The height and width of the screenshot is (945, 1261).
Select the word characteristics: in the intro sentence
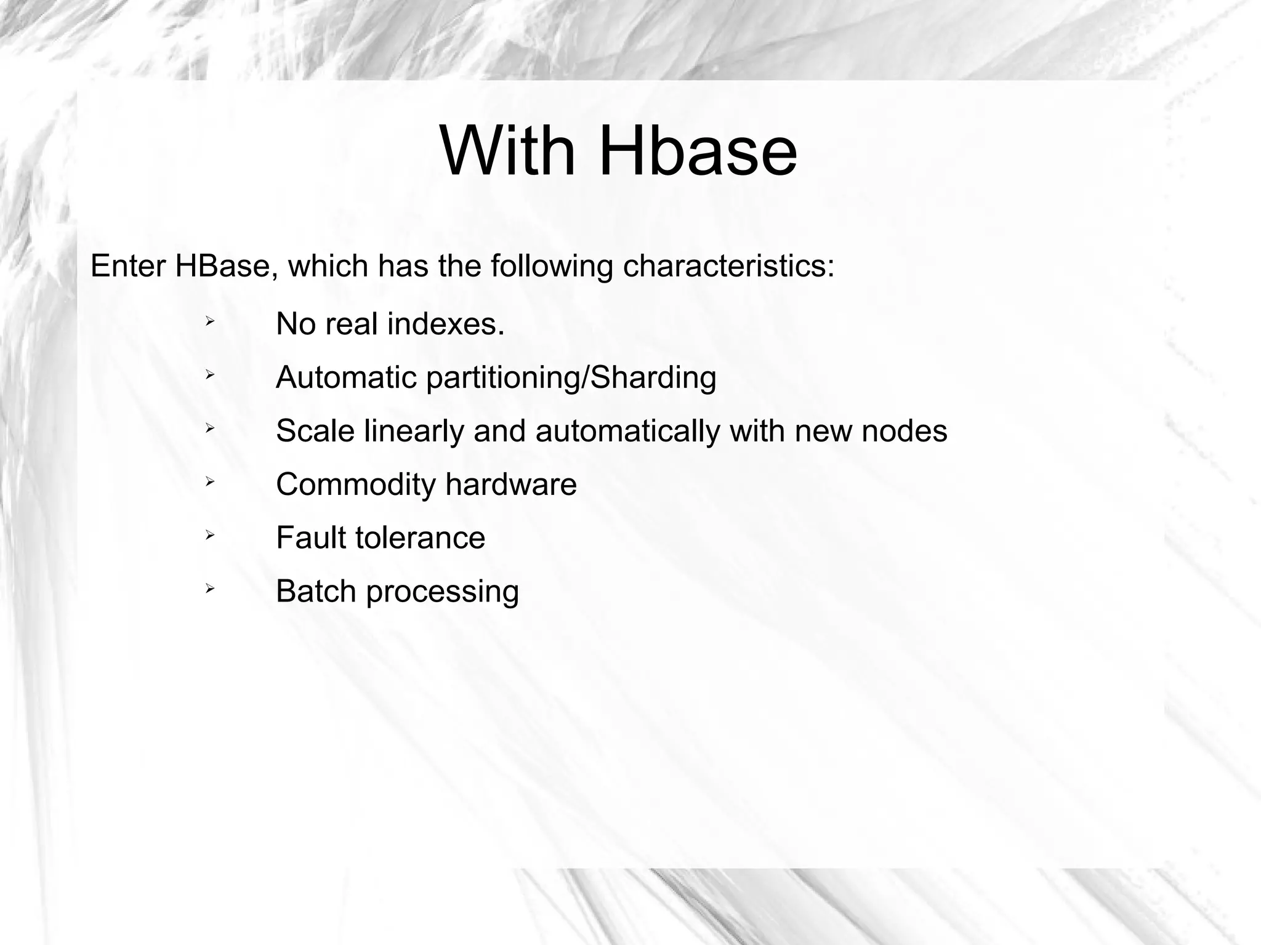click(728, 267)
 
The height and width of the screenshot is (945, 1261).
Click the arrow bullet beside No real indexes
click(209, 321)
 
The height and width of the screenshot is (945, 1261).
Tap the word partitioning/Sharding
click(571, 379)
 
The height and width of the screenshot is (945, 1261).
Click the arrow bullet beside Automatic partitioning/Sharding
click(209, 374)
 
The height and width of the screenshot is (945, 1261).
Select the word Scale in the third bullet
click(315, 431)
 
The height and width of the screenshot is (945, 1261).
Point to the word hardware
click(510, 485)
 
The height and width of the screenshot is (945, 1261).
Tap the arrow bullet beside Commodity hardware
click(209, 481)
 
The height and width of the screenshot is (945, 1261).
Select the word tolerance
click(420, 538)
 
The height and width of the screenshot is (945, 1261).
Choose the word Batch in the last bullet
click(316, 592)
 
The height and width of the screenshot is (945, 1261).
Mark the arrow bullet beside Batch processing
click(209, 589)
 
